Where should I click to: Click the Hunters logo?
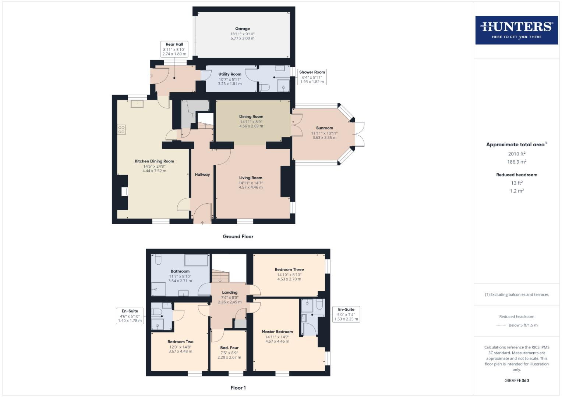[x=516, y=30]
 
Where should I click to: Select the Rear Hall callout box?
[x=174, y=49]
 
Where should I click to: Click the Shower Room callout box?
[x=312, y=77]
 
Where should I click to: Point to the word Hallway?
[x=202, y=175]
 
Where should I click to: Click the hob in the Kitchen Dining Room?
[x=121, y=129]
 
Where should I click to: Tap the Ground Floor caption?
[x=238, y=237]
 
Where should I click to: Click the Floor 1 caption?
[x=238, y=388]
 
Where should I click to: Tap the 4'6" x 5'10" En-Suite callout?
[x=130, y=316]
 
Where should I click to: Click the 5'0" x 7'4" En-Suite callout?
[x=346, y=314]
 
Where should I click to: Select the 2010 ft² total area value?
[x=516, y=154]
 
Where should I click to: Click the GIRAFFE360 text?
[x=516, y=380]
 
